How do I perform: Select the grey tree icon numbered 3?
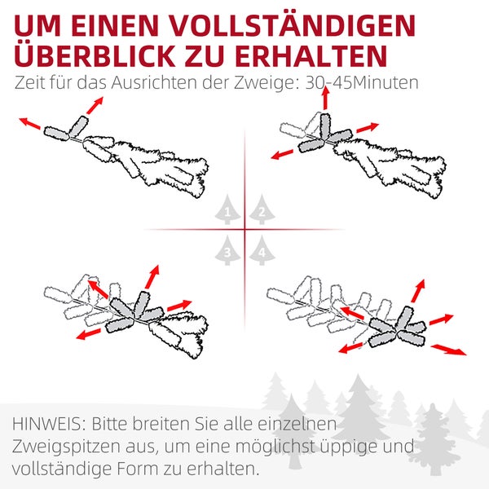click(227, 250)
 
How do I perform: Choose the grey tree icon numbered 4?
click(260, 250)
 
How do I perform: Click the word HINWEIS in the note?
click(48, 425)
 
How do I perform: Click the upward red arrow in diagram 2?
click(325, 98)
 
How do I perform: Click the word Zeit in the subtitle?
click(29, 84)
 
